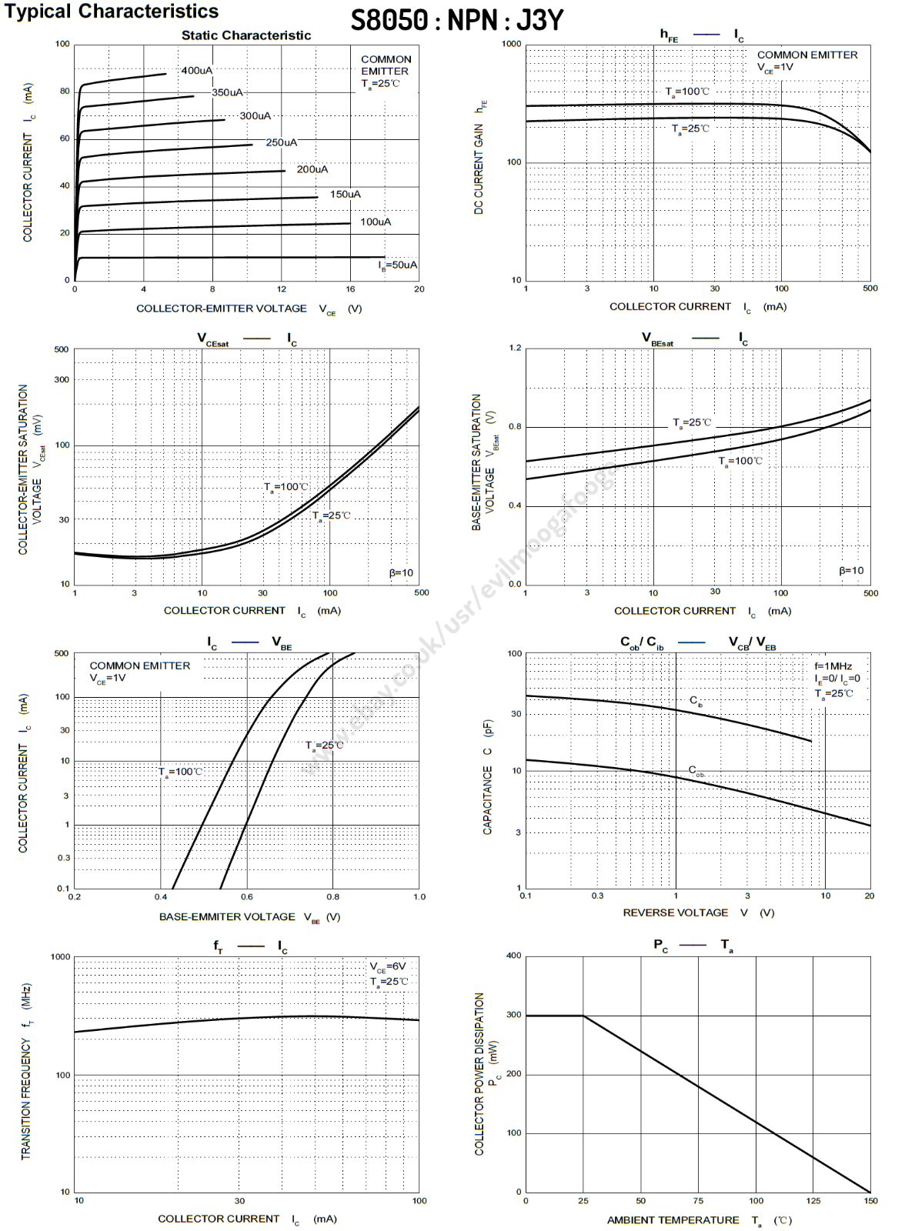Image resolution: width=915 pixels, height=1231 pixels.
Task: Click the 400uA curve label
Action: [197, 71]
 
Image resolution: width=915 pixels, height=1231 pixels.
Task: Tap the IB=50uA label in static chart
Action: [397, 265]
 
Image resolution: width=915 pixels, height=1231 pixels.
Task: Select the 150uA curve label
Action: [346, 195]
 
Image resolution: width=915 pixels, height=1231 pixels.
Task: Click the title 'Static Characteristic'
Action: [246, 35]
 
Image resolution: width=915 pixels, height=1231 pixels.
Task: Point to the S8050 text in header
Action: [389, 20]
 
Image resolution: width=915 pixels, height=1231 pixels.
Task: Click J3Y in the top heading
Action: [540, 20]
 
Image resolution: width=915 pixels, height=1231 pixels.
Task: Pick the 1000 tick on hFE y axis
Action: [512, 44]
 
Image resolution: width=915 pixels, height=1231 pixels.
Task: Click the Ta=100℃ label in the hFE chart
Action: [687, 92]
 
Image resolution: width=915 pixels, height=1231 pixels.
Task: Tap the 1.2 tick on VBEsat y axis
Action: [515, 348]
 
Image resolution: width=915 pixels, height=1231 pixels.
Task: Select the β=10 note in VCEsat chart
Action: [401, 573]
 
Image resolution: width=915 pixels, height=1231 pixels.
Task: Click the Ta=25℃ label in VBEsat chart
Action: [693, 423]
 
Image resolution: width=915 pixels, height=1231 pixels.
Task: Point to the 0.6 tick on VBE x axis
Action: [247, 897]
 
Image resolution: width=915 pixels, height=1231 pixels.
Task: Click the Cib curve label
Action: [696, 701]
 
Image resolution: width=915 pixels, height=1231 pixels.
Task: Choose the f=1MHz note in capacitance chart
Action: [833, 666]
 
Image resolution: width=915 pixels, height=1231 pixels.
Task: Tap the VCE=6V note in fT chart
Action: [388, 967]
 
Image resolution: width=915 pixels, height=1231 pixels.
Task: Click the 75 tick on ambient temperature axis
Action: [698, 1201]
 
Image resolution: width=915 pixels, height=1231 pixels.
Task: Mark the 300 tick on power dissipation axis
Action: [513, 1016]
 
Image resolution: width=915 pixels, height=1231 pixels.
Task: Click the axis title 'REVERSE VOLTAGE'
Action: [675, 913]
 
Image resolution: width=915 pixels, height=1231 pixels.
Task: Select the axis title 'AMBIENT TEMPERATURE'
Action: [673, 1220]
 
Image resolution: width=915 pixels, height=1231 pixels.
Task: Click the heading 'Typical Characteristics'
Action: [112, 12]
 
